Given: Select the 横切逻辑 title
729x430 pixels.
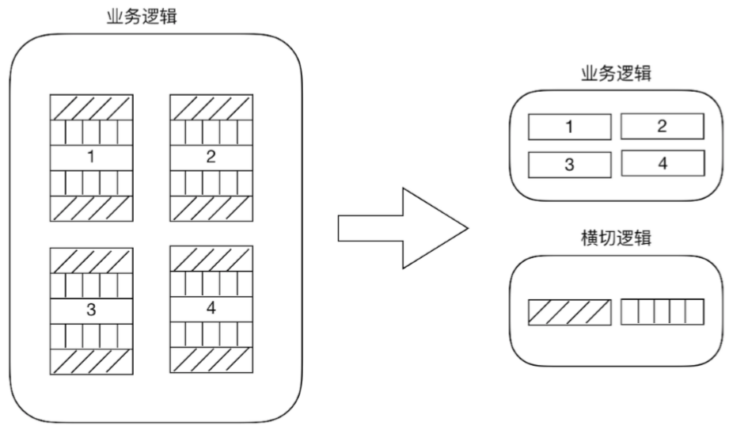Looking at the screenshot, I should [617, 238].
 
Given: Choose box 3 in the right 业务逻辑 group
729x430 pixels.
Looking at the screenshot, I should [570, 163].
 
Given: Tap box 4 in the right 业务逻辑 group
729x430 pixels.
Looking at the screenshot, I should [662, 163].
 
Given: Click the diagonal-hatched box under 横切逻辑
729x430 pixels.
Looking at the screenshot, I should [570, 312].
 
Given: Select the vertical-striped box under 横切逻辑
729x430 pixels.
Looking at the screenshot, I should [662, 312].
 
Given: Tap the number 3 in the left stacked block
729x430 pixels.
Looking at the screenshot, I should [91, 310].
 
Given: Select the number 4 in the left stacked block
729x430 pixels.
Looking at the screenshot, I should [211, 307].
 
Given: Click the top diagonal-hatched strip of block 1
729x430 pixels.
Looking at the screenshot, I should [91, 107].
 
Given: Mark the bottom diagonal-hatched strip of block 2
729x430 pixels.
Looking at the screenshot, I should [211, 207].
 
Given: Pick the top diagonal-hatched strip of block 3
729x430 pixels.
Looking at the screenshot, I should [91, 260].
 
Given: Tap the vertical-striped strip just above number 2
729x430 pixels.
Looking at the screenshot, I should [211, 131].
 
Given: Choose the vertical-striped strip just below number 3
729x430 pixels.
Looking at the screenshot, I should [91, 335].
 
